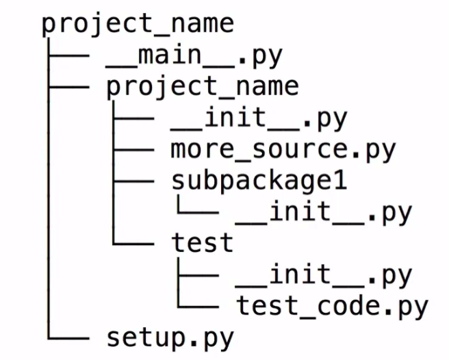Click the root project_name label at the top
pyautogui.click(x=138, y=25)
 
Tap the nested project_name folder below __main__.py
pyautogui.click(x=203, y=87)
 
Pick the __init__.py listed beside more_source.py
pyautogui.click(x=259, y=118)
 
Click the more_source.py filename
pyautogui.click(x=283, y=149)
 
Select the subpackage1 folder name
pyautogui.click(x=259, y=181)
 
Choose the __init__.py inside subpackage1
pyautogui.click(x=323, y=212)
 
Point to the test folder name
pyautogui.click(x=203, y=243)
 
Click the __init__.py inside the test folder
pyautogui.click(x=323, y=274)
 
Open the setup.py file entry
pyautogui.click(x=170, y=337)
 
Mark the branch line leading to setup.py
pyautogui.click(x=68, y=337)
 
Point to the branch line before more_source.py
pyautogui.click(x=133, y=150)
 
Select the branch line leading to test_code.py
pyautogui.click(x=198, y=306)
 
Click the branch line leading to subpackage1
pyautogui.click(x=133, y=181)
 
